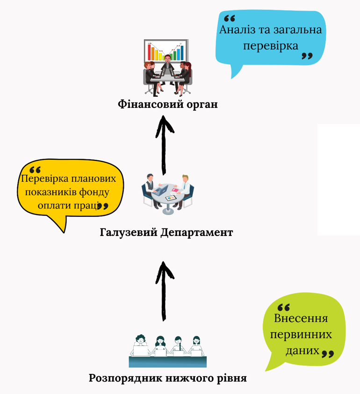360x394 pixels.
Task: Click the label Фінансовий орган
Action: point(167,104)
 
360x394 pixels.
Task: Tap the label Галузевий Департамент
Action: point(166,232)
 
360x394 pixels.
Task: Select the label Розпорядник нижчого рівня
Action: point(167,378)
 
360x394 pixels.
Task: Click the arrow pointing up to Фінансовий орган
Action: point(164,145)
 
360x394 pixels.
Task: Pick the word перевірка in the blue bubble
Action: point(271,47)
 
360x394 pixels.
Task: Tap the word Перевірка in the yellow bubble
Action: point(43,179)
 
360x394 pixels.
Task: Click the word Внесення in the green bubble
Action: point(301,319)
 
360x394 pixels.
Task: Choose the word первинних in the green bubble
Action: point(302,335)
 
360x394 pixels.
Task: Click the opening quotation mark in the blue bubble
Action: point(229,19)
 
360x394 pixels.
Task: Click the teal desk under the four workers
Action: point(167,361)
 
